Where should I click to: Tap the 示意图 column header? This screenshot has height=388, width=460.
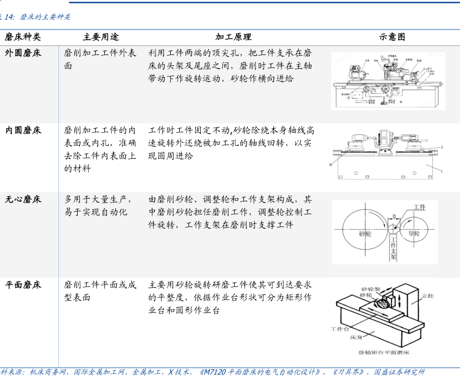pyautogui.click(x=392, y=37)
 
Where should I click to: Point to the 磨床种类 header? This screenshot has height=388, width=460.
pyautogui.click(x=23, y=37)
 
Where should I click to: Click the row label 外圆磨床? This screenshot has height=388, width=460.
pyautogui.click(x=23, y=53)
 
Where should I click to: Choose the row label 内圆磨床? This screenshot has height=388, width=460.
pyautogui.click(x=23, y=130)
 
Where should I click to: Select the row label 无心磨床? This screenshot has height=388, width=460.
pyautogui.click(x=23, y=199)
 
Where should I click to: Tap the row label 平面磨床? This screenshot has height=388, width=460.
pyautogui.click(x=23, y=284)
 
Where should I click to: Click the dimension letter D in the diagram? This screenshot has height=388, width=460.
pyautogui.click(x=394, y=216)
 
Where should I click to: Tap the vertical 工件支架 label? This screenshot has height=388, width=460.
pyautogui.click(x=394, y=249)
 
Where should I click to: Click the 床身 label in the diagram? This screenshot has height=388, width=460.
pyautogui.click(x=355, y=336)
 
